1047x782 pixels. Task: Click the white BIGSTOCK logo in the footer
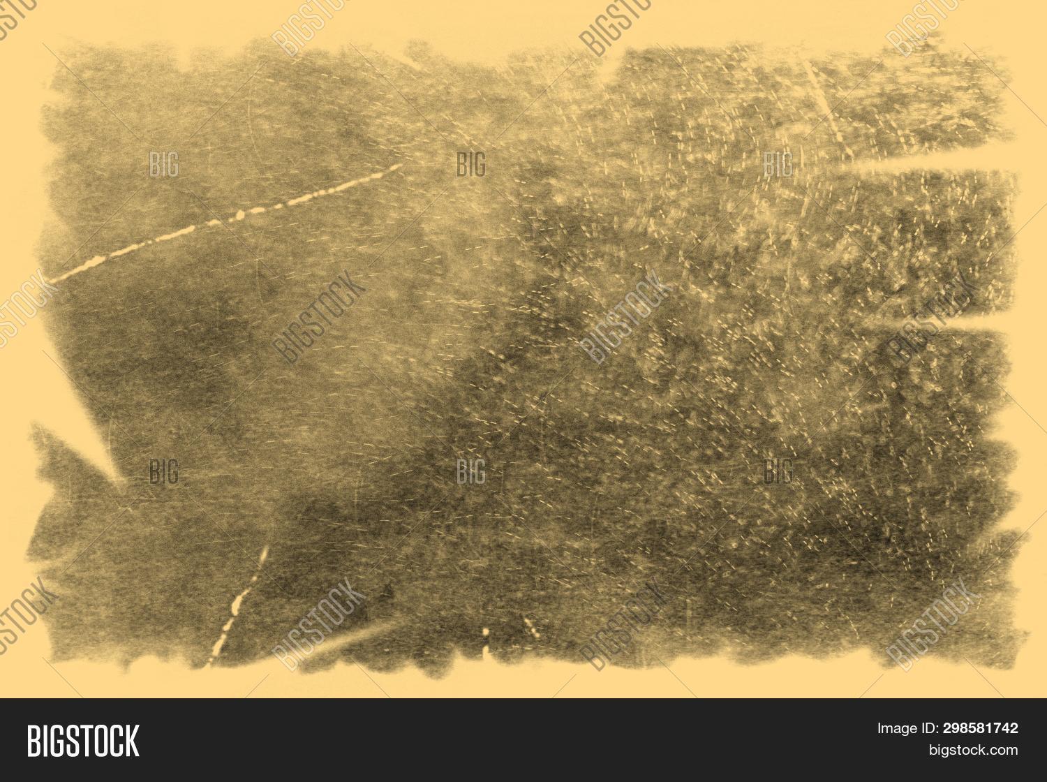coord(83,741)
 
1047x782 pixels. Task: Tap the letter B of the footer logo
coord(33,741)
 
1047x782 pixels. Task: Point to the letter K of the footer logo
coord(132,741)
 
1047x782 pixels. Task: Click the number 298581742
coord(980,728)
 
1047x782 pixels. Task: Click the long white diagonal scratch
coord(223,222)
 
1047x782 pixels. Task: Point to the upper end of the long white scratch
coord(399,166)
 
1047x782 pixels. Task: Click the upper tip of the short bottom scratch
coord(265,549)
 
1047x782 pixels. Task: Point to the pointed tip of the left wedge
coord(120,480)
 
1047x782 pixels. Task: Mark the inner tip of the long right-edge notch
coord(848,163)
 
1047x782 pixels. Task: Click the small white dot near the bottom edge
coord(486,633)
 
